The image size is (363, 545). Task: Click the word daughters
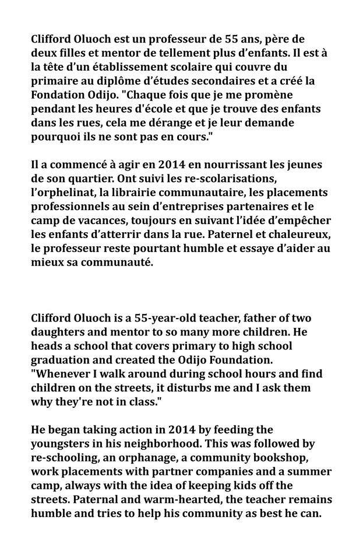click(58, 333)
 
